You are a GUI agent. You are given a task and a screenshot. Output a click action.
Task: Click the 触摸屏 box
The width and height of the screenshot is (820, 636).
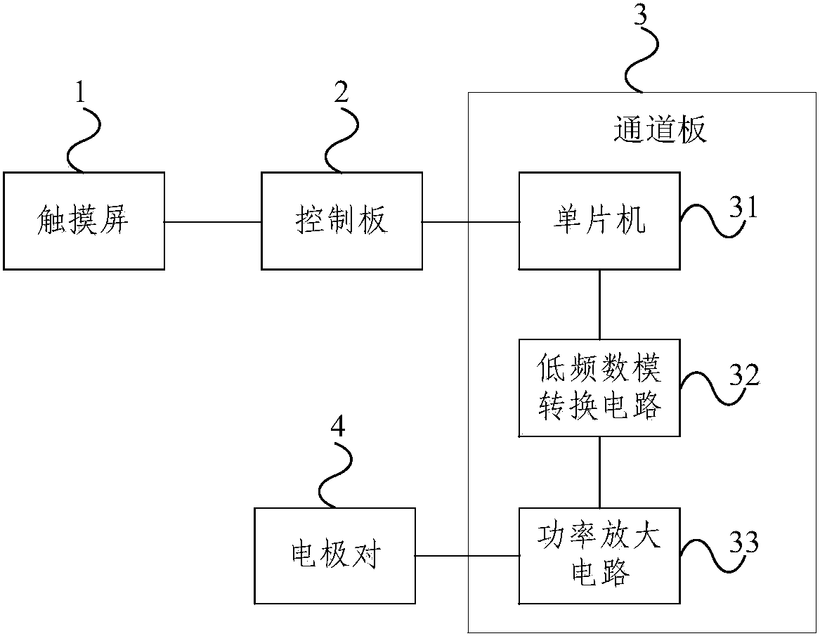pos(84,221)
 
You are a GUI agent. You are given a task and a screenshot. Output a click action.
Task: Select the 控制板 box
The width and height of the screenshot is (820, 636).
pos(341,221)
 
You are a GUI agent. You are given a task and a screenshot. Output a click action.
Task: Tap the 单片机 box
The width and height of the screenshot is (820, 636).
pos(599,221)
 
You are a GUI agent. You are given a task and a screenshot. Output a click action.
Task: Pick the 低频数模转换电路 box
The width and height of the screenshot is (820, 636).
pos(599,388)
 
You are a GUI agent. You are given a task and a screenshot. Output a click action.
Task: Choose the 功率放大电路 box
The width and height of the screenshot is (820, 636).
pos(599,556)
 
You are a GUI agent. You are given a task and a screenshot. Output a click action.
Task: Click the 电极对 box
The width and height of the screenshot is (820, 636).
pos(334,556)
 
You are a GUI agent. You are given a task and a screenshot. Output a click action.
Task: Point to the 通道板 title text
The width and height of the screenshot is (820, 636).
pos(659,130)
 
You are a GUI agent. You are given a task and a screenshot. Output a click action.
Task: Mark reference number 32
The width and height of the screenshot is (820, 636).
pos(744,375)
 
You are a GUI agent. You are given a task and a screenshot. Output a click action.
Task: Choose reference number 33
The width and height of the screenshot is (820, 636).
pos(744,542)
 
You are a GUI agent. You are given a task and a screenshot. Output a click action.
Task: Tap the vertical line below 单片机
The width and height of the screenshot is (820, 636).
pos(599,304)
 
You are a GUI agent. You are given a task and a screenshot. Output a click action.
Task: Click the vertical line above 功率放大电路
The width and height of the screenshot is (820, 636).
pos(599,472)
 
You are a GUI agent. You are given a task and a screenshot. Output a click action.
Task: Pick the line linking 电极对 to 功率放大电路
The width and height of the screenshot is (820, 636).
pos(467,557)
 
